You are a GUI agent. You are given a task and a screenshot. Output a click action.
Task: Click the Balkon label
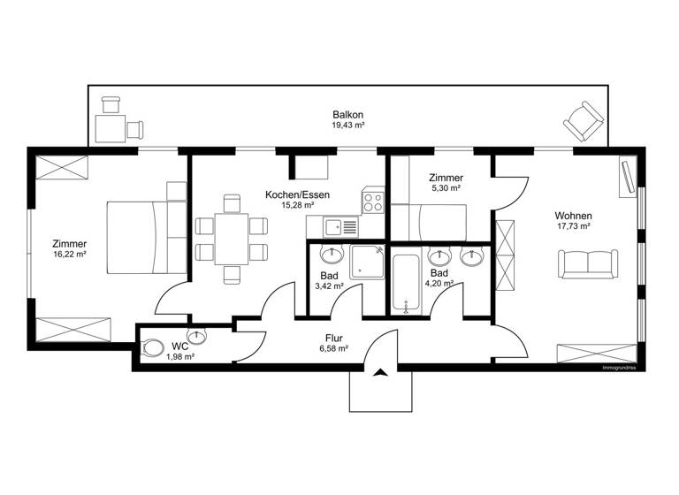point(347,115)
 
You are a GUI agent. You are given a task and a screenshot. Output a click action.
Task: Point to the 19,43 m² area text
point(347,126)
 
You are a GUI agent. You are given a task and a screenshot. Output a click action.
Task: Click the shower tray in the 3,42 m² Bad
point(367,263)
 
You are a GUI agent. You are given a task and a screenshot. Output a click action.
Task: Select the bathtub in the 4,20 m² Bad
point(407,283)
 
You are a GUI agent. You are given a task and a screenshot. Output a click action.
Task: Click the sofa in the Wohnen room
point(587,263)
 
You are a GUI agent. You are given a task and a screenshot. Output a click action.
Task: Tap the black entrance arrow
point(380,372)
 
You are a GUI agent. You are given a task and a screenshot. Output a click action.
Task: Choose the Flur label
point(333,337)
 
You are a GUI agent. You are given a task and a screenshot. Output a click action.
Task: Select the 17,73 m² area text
point(573,226)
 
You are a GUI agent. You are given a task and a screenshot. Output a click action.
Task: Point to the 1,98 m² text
point(180,356)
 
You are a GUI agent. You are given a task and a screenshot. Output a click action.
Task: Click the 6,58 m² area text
point(333,348)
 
